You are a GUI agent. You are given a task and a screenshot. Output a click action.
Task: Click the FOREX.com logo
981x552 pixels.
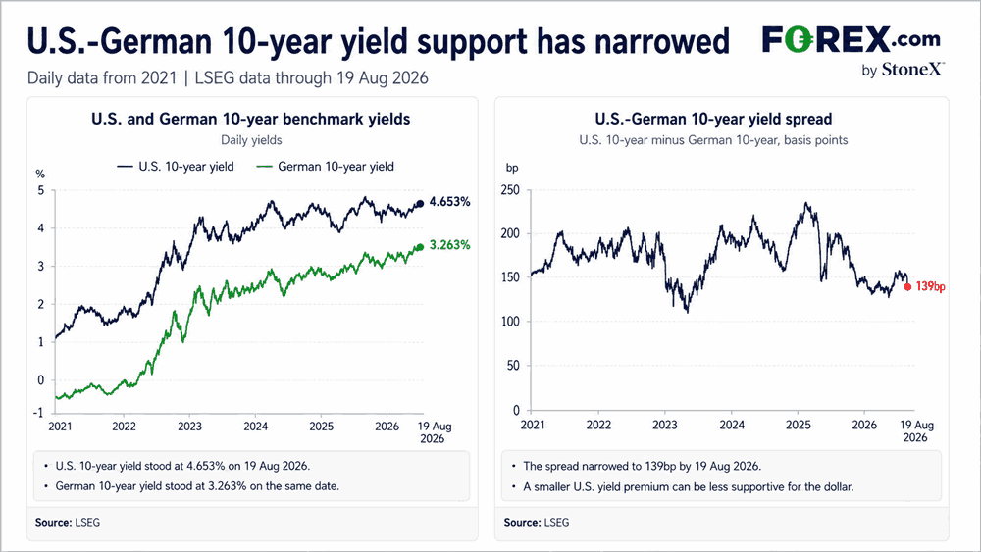click(851, 39)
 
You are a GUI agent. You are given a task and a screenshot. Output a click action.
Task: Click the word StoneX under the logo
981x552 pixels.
click(911, 70)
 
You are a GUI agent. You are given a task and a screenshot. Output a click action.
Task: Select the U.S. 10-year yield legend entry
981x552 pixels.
click(176, 167)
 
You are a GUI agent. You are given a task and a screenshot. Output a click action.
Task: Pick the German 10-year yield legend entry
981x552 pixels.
click(326, 167)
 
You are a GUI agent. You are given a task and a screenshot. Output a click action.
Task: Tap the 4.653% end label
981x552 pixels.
click(449, 202)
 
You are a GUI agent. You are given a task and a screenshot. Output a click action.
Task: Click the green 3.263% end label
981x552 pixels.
click(449, 245)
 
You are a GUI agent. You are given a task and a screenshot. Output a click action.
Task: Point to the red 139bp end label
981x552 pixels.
click(930, 287)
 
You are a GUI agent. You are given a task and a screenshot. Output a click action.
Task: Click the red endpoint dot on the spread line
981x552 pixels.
click(907, 287)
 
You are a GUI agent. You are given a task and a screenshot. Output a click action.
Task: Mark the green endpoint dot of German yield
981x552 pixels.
click(421, 247)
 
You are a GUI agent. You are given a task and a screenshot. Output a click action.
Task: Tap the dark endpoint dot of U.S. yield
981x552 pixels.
click(421, 203)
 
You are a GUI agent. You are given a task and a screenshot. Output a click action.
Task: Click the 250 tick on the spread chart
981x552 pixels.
click(510, 190)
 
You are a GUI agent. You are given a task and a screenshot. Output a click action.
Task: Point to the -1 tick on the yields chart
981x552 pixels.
click(38, 413)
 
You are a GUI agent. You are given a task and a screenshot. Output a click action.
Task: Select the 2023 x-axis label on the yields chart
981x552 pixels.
click(189, 427)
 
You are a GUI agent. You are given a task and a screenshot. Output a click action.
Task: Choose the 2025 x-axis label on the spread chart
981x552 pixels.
click(799, 426)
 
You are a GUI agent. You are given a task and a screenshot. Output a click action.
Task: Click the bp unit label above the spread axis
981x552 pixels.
click(512, 168)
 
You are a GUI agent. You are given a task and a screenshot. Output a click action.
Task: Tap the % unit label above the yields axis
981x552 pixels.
click(40, 174)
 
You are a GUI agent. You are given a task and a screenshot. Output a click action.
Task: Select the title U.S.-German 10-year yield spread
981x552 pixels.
click(713, 119)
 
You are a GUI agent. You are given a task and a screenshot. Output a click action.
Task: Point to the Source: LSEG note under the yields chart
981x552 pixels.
click(68, 522)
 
